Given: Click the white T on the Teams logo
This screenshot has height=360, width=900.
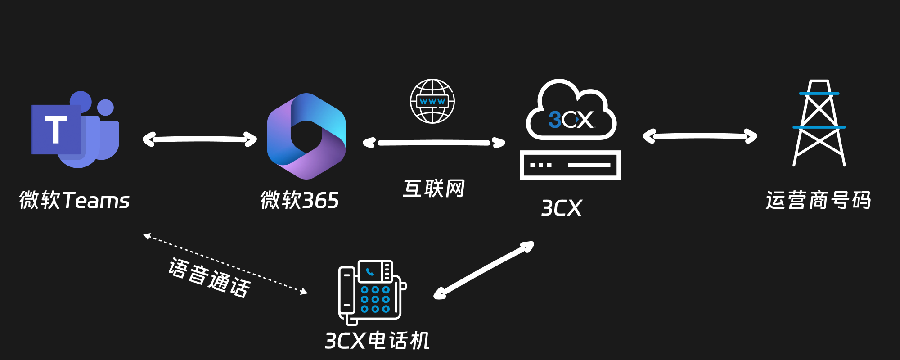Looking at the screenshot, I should pyautogui.click(x=56, y=130).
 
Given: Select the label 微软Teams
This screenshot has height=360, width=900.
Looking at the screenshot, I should pyautogui.click(x=74, y=200).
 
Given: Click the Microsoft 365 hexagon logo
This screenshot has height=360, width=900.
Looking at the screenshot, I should pyautogui.click(x=306, y=136).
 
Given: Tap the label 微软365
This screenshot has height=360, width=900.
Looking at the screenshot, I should pyautogui.click(x=299, y=200).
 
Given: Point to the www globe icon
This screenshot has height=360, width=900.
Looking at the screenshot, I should pyautogui.click(x=432, y=101).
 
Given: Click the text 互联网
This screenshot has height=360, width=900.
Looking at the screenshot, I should pyautogui.click(x=434, y=189).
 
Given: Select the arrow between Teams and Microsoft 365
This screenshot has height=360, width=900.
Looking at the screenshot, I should pyautogui.click(x=200, y=139).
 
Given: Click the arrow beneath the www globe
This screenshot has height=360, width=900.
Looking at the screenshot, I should pyautogui.click(x=434, y=143).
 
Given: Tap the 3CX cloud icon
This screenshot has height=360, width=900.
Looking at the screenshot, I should pyautogui.click(x=571, y=112).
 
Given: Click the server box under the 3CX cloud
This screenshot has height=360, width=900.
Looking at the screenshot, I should pyautogui.click(x=570, y=165).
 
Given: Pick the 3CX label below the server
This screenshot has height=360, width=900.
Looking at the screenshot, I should pyautogui.click(x=562, y=208).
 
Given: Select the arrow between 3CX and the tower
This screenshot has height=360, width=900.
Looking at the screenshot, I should pyautogui.click(x=700, y=136).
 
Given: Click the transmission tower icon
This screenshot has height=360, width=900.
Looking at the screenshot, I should pyautogui.click(x=819, y=124).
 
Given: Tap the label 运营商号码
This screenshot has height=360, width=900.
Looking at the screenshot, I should pyautogui.click(x=819, y=200).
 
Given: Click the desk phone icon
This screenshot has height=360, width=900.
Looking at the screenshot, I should pyautogui.click(x=371, y=292).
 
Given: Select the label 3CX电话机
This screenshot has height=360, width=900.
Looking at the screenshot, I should pyautogui.click(x=377, y=341).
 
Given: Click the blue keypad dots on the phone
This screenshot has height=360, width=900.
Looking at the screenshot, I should pyautogui.click(x=375, y=299).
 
